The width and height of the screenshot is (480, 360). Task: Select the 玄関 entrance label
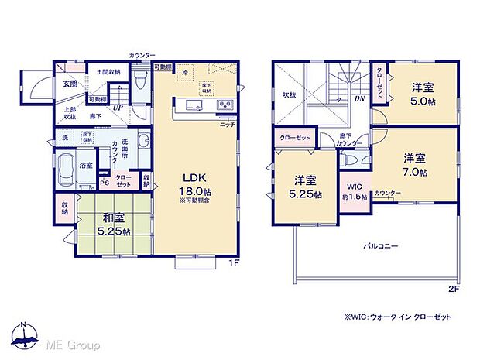[x=69, y=84]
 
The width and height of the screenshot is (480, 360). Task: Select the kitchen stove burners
[x=223, y=105]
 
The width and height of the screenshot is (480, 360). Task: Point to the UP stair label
[x=116, y=108]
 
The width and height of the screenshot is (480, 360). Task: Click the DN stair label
[x=360, y=99]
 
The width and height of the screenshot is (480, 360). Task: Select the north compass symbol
[x=25, y=334]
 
